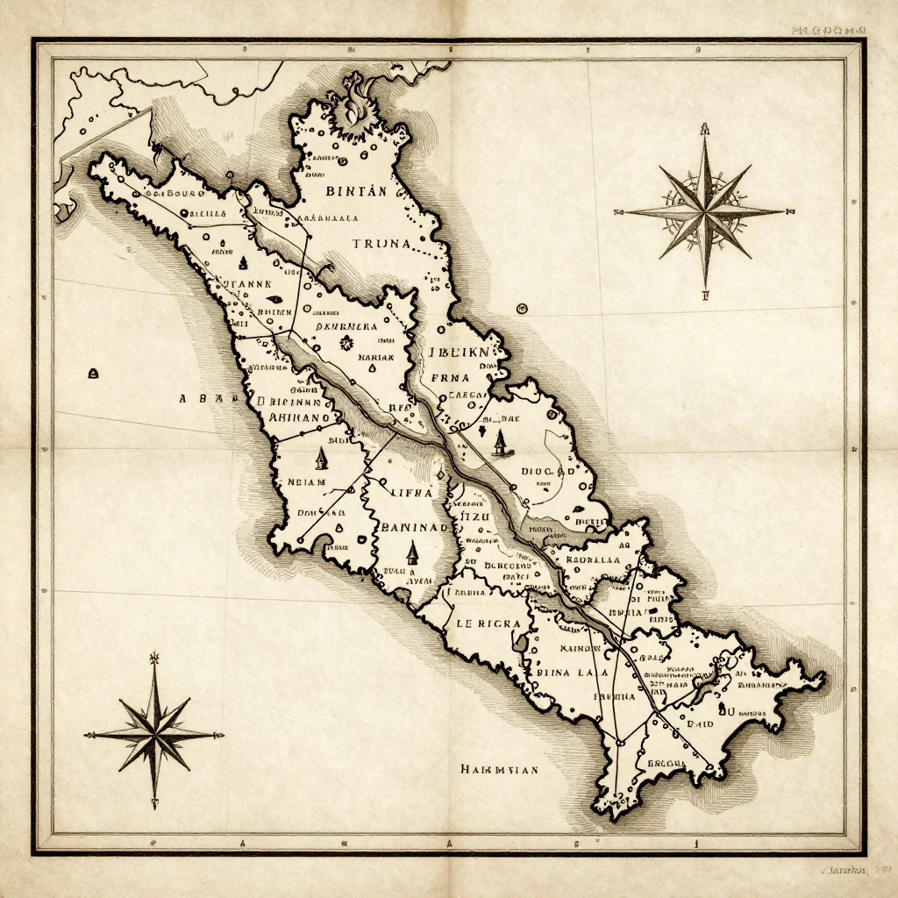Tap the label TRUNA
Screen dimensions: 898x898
pyautogui.click(x=381, y=243)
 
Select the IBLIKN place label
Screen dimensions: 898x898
pyautogui.click(x=462, y=354)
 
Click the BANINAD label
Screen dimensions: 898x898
pyautogui.click(x=416, y=527)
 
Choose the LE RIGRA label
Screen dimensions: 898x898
pyautogui.click(x=489, y=624)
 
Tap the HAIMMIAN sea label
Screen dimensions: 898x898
pyautogui.click(x=499, y=769)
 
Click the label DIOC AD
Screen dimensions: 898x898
pyautogui.click(x=548, y=471)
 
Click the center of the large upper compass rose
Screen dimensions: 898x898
pyautogui.click(x=706, y=211)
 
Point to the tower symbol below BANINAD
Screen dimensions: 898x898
pyautogui.click(x=412, y=552)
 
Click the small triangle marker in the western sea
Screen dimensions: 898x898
pyautogui.click(x=92, y=374)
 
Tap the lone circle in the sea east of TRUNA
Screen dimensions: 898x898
pyautogui.click(x=523, y=308)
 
